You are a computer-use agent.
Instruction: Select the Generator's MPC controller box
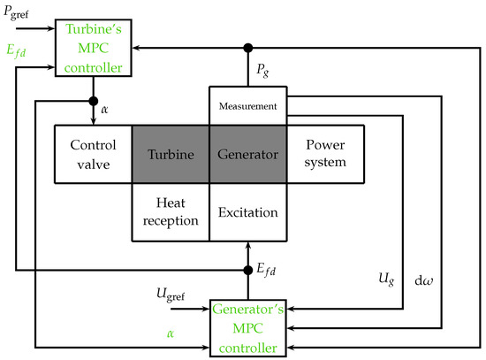247,326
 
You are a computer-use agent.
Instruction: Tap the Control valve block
93,155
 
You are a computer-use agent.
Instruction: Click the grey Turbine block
171,155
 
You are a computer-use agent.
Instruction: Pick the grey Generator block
247,155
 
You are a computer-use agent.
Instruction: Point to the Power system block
325,155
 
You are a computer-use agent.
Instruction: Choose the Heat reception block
171,212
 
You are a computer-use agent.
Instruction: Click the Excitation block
247,212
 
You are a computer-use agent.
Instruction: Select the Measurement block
247,106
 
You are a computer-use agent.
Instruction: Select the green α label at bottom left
170,333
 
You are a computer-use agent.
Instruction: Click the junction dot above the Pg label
247,47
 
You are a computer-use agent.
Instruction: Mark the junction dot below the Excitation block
247,269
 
